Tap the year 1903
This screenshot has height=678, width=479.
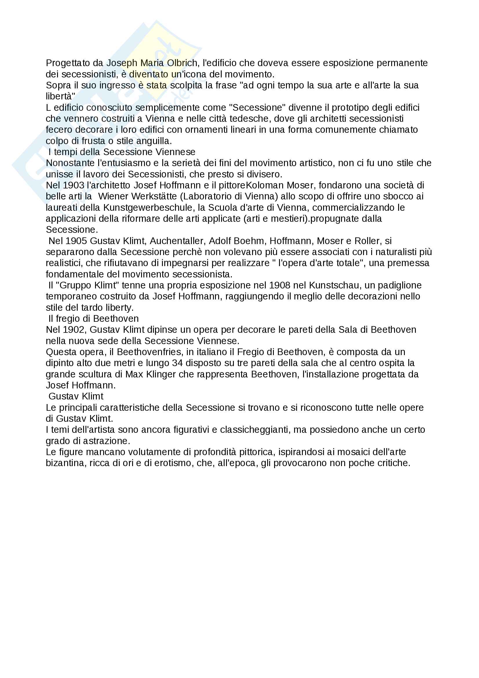74,186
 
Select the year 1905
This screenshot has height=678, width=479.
76,241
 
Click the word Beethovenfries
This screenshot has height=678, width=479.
148,352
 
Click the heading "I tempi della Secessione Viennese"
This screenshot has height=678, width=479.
122,152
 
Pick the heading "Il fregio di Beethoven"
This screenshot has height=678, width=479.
94,319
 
